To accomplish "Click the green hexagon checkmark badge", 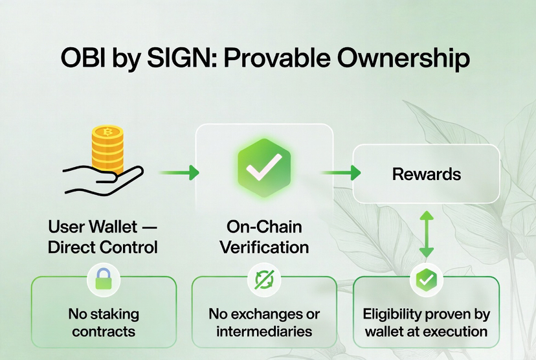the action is (263, 167).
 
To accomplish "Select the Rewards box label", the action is (426, 174).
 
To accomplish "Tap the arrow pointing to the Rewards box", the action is (341, 173).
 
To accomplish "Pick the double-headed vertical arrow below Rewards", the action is (426, 233).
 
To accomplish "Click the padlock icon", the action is (104, 279).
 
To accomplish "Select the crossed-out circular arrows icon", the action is (264, 280).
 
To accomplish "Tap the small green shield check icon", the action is (426, 280).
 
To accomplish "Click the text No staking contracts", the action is (104, 322).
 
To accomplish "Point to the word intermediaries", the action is (264, 332).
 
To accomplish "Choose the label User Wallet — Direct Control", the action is (103, 237).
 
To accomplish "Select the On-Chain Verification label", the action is (264, 237).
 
